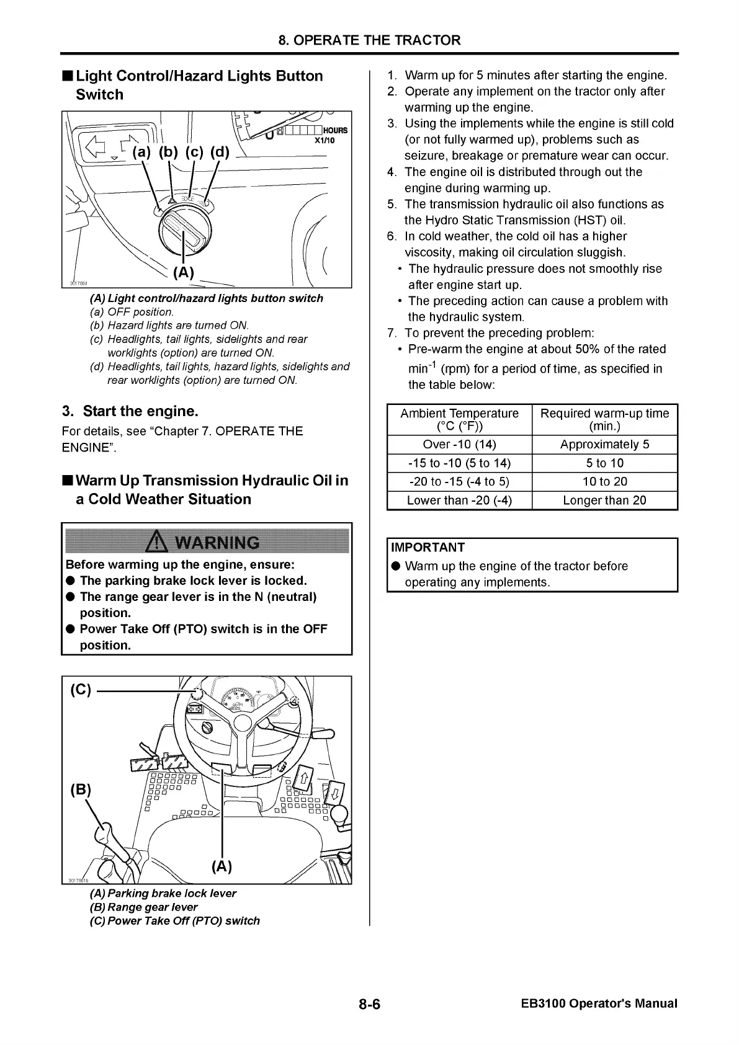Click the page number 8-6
coord(369,1004)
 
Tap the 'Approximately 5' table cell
coord(604,445)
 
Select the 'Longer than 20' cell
coord(604,500)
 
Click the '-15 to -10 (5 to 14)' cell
coord(459,463)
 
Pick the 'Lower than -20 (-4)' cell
coord(459,500)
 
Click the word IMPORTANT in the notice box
coord(428,548)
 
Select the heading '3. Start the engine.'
coord(130,411)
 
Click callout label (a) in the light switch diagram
coord(141,152)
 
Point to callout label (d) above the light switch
coord(220,152)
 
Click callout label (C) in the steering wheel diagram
coord(81,690)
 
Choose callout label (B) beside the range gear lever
coord(81,789)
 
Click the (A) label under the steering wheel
coord(222,866)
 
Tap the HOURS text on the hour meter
coord(335,131)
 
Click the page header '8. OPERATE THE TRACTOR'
coord(369,41)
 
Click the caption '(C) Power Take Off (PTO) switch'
coord(175,921)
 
